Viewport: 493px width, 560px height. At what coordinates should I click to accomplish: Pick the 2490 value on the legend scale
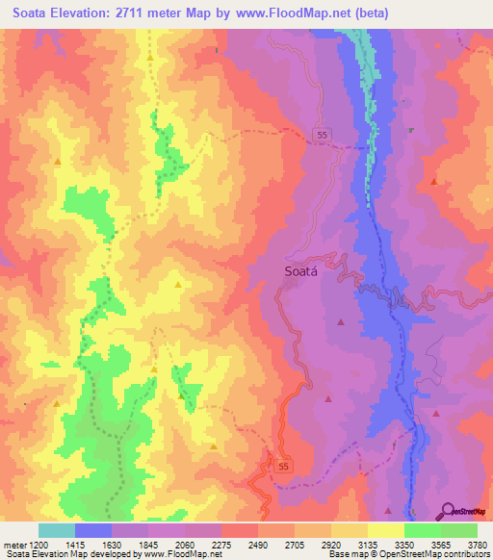(257, 545)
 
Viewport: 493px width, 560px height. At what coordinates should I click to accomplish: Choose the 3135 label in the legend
(367, 545)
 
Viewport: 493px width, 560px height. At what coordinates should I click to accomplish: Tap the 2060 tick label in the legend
(184, 545)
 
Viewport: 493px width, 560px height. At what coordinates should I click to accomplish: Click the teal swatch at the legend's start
(57, 530)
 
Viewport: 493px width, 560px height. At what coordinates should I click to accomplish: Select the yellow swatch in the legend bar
(385, 530)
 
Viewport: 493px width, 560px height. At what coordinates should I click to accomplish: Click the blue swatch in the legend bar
(93, 530)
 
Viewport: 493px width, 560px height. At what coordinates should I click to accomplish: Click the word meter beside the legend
(13, 545)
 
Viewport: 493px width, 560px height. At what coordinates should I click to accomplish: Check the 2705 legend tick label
(294, 545)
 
